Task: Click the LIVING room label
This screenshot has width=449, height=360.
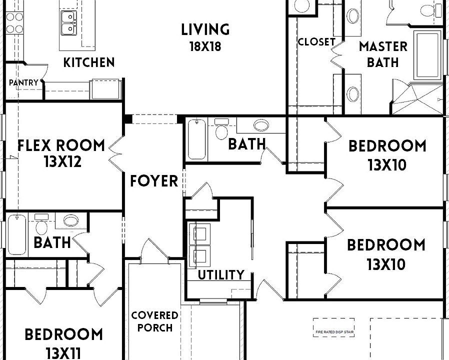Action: (x=205, y=29)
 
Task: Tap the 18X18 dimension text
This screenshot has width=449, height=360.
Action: (x=205, y=47)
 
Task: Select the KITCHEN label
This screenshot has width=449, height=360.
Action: (x=89, y=62)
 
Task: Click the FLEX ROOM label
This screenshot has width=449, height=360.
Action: (x=61, y=146)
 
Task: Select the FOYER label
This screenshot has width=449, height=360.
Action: (x=154, y=181)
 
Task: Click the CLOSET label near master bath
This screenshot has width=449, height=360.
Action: (x=316, y=42)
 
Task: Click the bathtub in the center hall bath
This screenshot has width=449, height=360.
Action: (x=196, y=140)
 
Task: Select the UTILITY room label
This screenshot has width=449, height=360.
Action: (x=220, y=274)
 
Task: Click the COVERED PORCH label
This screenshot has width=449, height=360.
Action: (x=154, y=321)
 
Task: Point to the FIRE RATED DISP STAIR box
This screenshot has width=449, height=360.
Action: (x=334, y=327)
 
